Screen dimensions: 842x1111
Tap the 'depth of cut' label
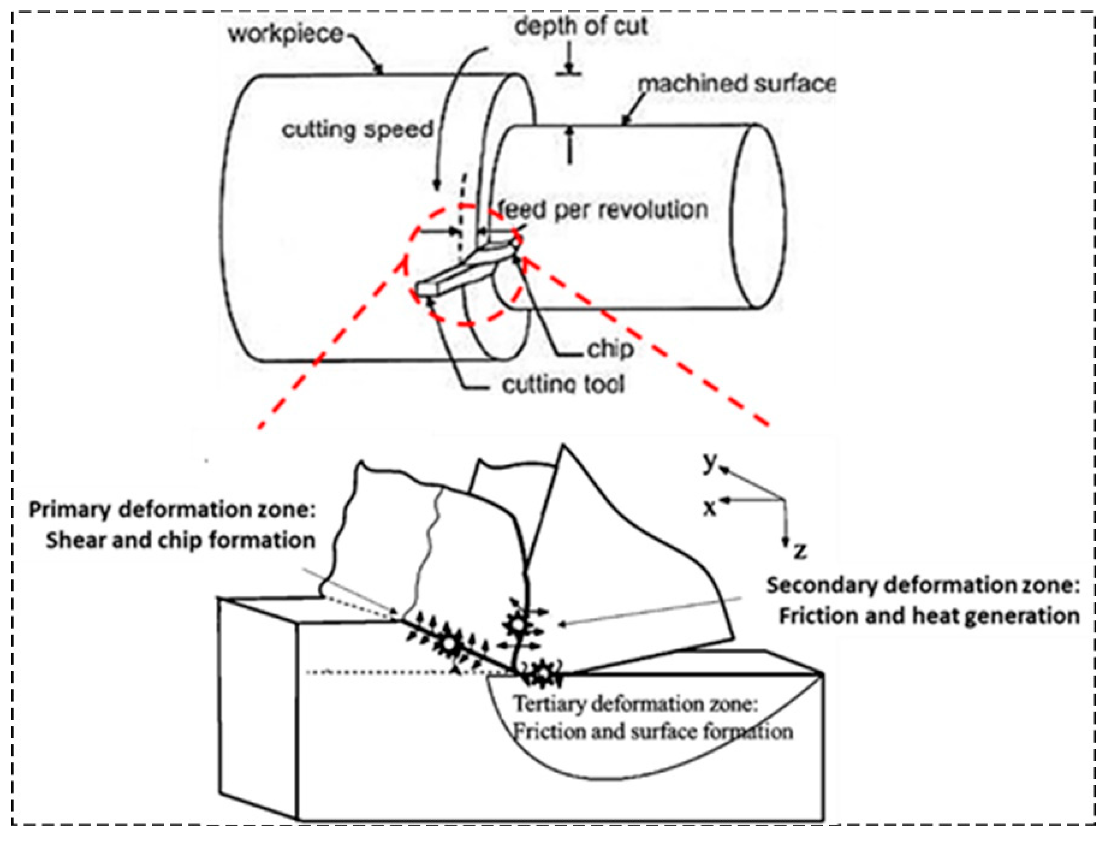point(581,26)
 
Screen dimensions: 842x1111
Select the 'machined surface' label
point(736,84)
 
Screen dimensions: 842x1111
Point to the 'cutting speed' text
point(357,130)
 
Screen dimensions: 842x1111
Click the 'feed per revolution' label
point(603,210)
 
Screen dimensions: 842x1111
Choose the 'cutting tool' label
point(563,385)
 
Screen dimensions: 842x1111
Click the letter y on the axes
point(709,460)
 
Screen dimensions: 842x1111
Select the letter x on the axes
point(709,508)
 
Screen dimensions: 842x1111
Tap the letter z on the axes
point(800,551)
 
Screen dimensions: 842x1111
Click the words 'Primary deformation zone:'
point(172,510)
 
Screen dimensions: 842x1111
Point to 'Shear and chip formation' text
point(181,541)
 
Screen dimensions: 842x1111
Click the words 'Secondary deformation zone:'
point(923,586)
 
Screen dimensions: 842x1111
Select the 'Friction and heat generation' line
point(929,616)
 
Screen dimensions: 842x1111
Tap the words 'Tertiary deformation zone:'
point(635,704)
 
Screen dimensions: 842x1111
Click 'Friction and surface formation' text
point(653,732)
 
